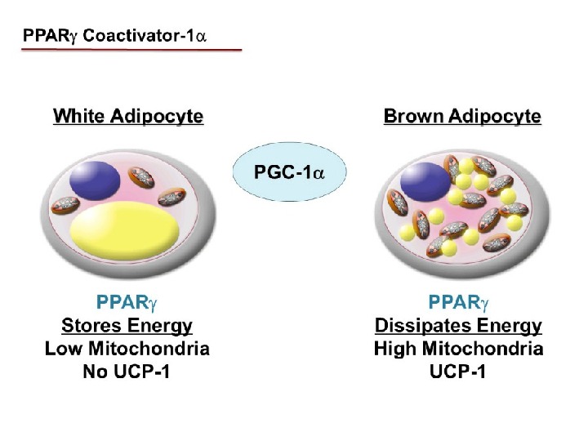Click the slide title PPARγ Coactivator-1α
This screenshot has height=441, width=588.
[131, 37]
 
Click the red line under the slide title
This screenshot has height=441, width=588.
[131, 51]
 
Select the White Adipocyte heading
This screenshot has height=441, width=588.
[128, 117]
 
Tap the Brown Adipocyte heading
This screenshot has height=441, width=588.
[461, 117]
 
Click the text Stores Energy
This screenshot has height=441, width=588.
[127, 327]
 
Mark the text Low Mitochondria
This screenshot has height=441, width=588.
[127, 349]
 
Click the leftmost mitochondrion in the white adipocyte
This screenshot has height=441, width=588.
[65, 208]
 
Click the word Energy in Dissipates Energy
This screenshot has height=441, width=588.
[505, 327]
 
